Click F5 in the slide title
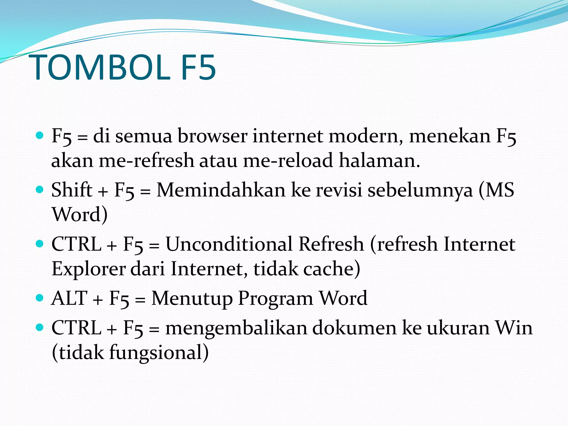(x=199, y=67)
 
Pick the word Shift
(x=72, y=190)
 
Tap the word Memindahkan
(x=221, y=190)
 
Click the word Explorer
(x=88, y=269)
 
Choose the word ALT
(x=69, y=298)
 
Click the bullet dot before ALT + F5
(x=40, y=298)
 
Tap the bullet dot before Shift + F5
(x=40, y=190)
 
